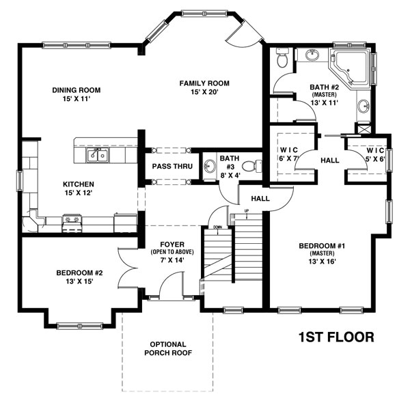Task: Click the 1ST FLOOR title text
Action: [336, 337]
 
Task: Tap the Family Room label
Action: [204, 83]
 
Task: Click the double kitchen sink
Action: [96, 156]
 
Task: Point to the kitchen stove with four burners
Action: [72, 220]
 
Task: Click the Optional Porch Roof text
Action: [167, 348]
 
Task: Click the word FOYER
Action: [168, 244]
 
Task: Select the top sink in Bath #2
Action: [314, 53]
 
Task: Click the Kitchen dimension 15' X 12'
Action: [79, 194]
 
